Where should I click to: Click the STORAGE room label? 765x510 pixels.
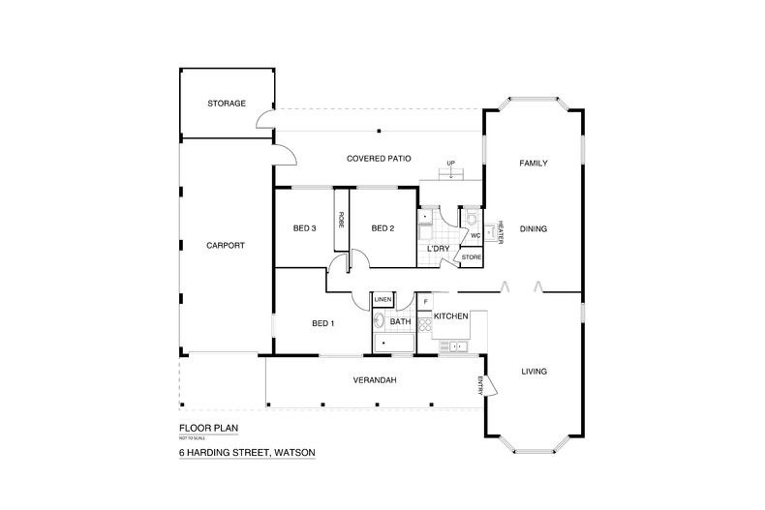(x=227, y=104)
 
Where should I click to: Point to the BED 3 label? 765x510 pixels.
(x=305, y=229)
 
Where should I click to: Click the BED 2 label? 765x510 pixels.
(x=383, y=229)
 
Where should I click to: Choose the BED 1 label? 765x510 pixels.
(x=322, y=323)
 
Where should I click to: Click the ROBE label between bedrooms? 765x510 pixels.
(x=342, y=220)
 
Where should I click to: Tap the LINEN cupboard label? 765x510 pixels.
(x=382, y=300)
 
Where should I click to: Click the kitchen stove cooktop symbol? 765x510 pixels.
(x=424, y=323)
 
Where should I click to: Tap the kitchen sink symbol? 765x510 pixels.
(x=456, y=345)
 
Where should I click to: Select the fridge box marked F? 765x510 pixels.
(x=424, y=302)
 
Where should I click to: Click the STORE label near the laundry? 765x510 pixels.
(x=471, y=257)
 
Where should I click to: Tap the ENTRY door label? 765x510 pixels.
(x=479, y=383)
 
